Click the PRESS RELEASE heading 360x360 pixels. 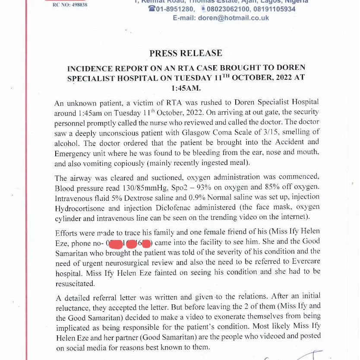point(186,54)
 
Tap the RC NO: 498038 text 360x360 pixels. point(70,5)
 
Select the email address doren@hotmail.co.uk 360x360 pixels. point(233,18)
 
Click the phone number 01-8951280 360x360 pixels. point(175,9)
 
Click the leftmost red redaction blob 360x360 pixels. point(115,243)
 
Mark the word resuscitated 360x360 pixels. point(75,284)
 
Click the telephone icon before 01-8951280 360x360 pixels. point(152,9)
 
